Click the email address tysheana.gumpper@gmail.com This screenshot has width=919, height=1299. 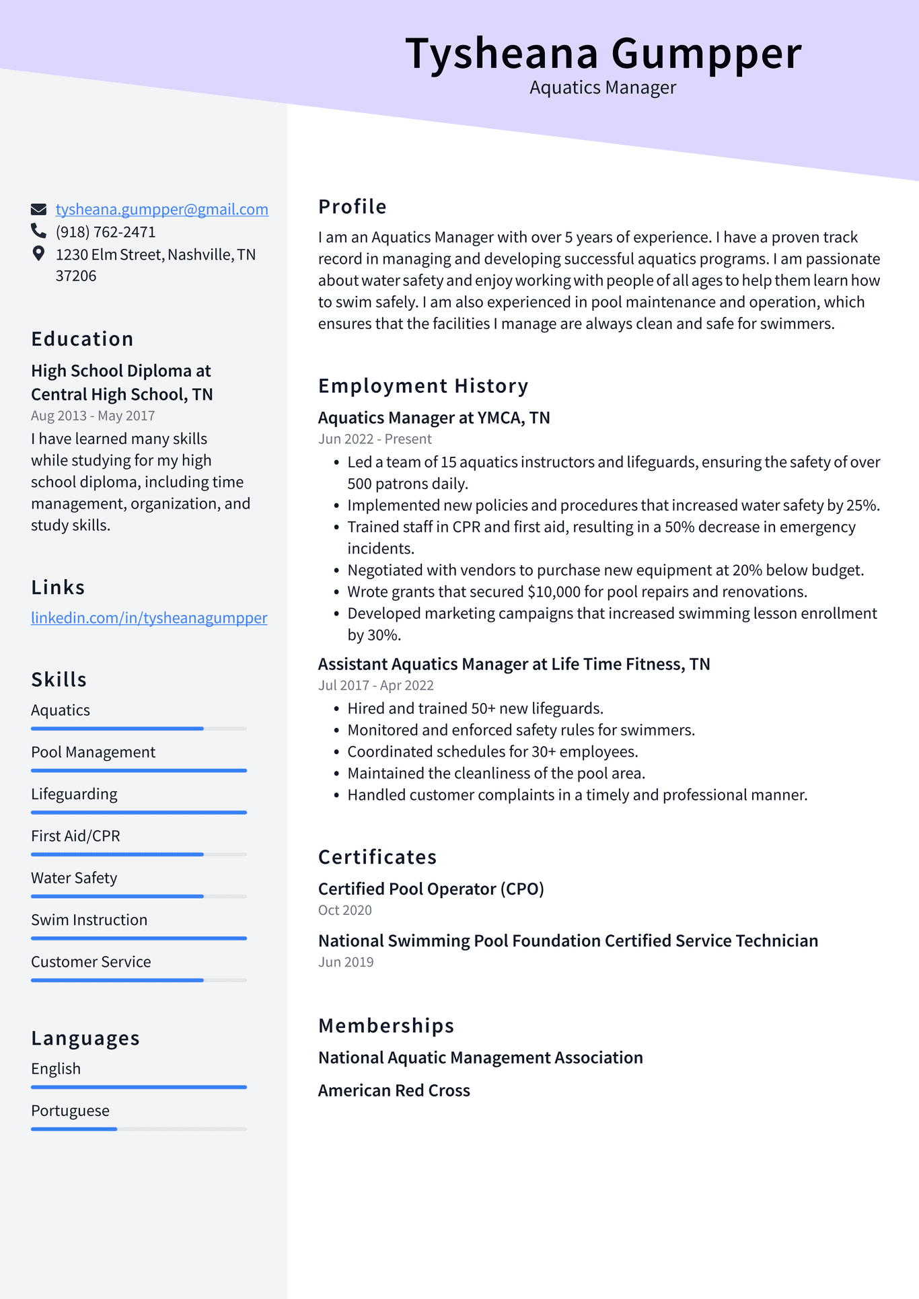(161, 209)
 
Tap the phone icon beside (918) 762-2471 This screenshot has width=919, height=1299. (38, 231)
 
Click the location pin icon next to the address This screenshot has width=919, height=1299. (38, 254)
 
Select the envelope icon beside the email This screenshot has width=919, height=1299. (38, 209)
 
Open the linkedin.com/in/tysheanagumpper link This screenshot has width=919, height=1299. (149, 618)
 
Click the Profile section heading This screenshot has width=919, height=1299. (352, 207)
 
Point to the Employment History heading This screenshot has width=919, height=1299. (422, 385)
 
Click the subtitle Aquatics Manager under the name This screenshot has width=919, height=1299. (602, 87)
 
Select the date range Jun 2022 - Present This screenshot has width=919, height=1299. (374, 439)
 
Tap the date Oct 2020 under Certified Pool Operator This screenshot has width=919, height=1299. (344, 910)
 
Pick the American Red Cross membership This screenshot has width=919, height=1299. (394, 1090)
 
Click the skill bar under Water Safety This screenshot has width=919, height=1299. (139, 896)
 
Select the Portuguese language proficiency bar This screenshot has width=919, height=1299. (139, 1128)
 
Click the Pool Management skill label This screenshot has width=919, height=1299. (93, 752)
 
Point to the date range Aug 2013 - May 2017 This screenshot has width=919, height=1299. (93, 416)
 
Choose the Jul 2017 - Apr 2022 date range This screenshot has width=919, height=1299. (375, 685)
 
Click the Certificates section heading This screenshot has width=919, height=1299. (377, 857)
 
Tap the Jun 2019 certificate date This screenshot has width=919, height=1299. (345, 962)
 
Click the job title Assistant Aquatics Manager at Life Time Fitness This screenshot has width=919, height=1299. (513, 664)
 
